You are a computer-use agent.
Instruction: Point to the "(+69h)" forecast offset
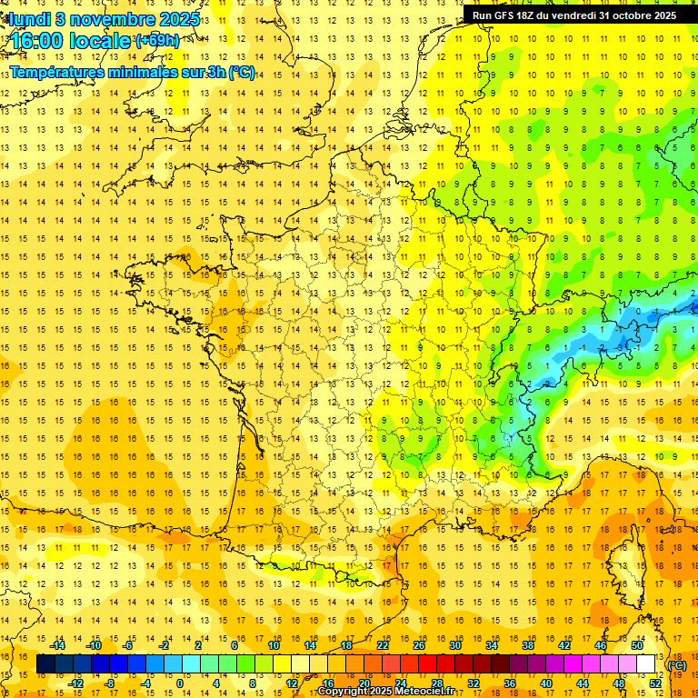point(157,40)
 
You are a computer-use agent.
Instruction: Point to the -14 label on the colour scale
point(58,645)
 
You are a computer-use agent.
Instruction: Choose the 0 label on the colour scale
point(179,683)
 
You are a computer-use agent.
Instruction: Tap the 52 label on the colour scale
point(655,683)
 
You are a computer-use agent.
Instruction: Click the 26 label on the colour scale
point(419,645)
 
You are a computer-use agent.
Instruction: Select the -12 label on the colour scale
point(75,683)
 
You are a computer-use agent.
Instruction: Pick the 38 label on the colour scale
point(528,645)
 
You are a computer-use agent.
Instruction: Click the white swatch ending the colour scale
point(646,664)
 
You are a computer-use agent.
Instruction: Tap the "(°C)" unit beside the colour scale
point(676,664)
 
